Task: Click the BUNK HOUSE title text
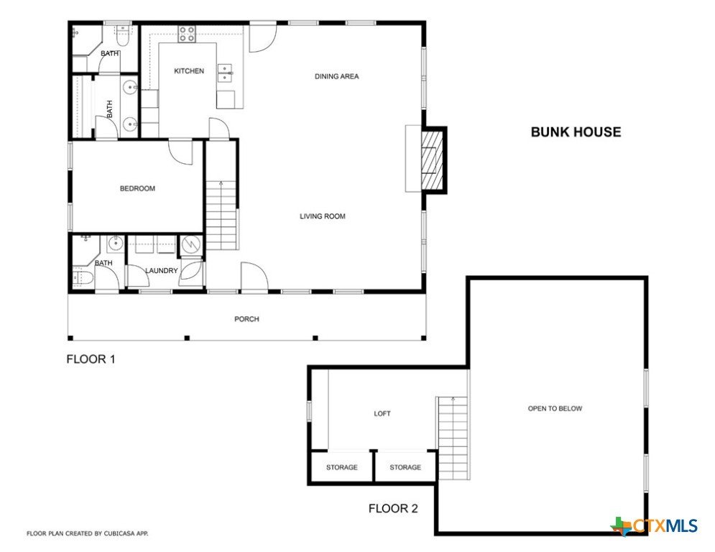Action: tap(576, 132)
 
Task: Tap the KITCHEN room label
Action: tap(189, 70)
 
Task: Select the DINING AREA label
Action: tap(336, 76)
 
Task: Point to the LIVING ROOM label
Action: tap(323, 216)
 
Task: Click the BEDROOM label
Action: tap(137, 188)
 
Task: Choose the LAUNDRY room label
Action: tap(162, 270)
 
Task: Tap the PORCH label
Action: tap(246, 319)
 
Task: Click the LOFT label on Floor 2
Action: tap(382, 413)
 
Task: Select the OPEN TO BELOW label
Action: tap(555, 408)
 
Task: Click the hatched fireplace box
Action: tap(432, 160)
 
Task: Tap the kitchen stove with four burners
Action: tap(187, 34)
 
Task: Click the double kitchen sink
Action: tap(225, 73)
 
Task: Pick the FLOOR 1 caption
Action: tap(91, 359)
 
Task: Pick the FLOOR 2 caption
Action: tap(393, 508)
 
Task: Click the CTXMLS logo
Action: tap(654, 526)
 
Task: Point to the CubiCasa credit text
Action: tap(87, 533)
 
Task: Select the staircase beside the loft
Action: tap(453, 438)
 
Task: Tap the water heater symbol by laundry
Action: tap(191, 245)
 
